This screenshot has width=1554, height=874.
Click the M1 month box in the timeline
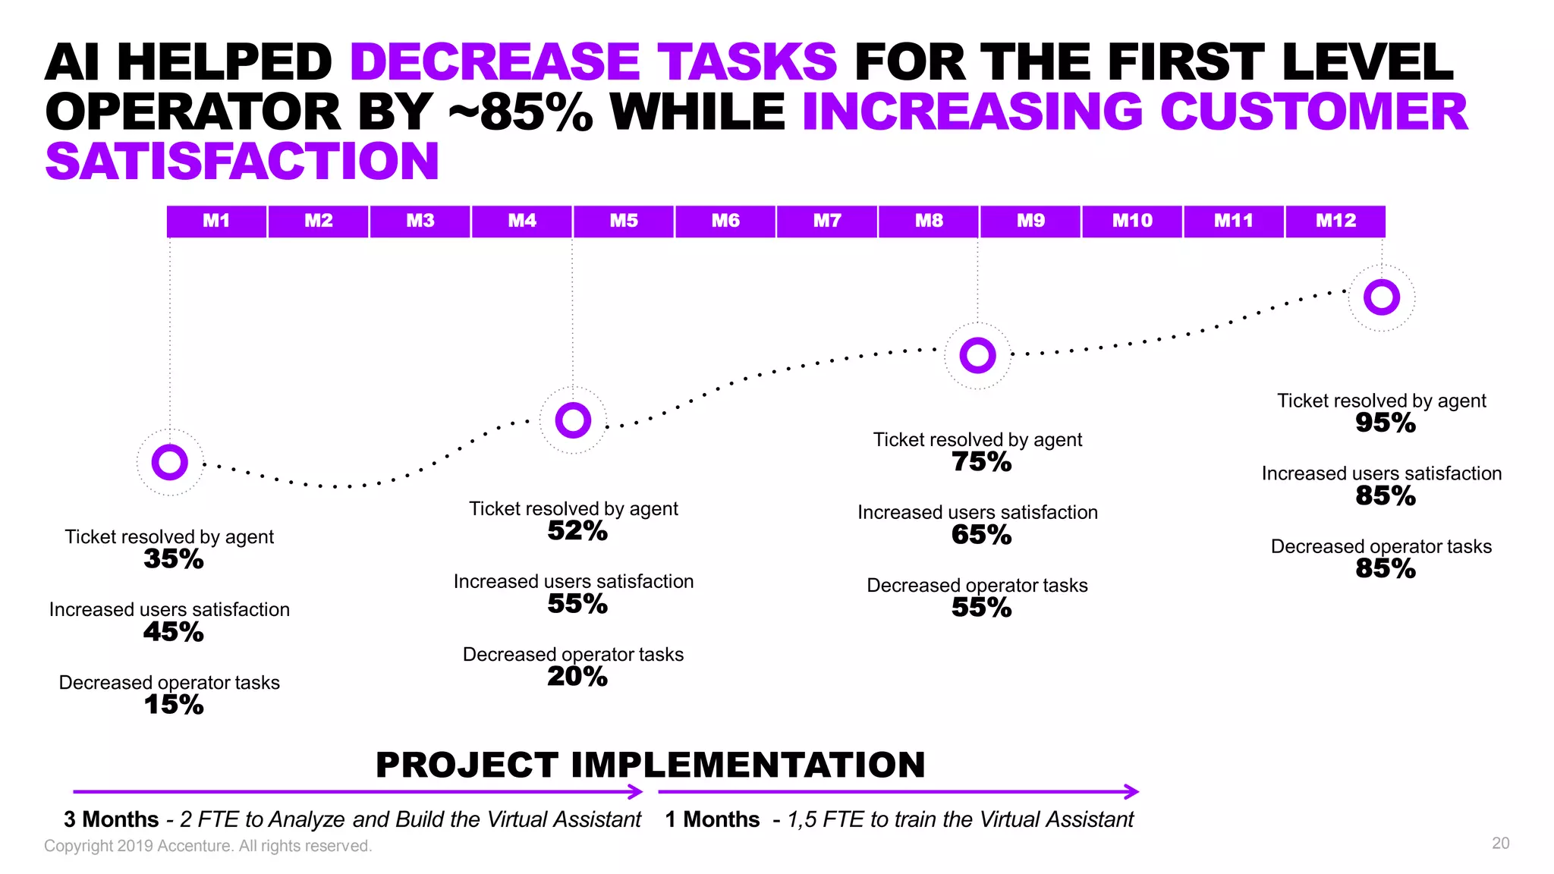click(x=216, y=221)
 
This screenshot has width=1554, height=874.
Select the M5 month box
click(x=624, y=221)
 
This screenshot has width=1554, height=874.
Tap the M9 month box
click(x=1030, y=221)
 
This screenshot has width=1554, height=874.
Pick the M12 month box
click(x=1335, y=221)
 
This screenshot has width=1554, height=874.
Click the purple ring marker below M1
click(x=169, y=462)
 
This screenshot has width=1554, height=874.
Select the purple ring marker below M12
click(x=1381, y=297)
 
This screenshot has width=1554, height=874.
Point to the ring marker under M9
click(x=977, y=355)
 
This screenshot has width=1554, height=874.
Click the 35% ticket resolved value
click(x=173, y=559)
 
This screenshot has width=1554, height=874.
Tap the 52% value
click(x=577, y=531)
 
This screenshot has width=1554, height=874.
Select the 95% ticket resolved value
click(x=1385, y=423)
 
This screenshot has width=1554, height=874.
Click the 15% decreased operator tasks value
click(x=173, y=705)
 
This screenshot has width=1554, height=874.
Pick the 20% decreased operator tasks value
click(x=577, y=677)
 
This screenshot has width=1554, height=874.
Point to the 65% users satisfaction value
click(x=981, y=535)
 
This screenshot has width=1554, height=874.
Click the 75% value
click(x=981, y=462)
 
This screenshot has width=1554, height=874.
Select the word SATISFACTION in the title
click(x=242, y=162)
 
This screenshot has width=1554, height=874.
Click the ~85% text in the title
click(x=521, y=112)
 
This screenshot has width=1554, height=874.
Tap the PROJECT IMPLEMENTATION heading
click(x=650, y=765)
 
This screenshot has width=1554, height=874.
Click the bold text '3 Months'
click(x=111, y=819)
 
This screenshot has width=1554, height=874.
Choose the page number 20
click(x=1500, y=844)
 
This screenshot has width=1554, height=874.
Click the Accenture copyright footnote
click(x=208, y=846)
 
